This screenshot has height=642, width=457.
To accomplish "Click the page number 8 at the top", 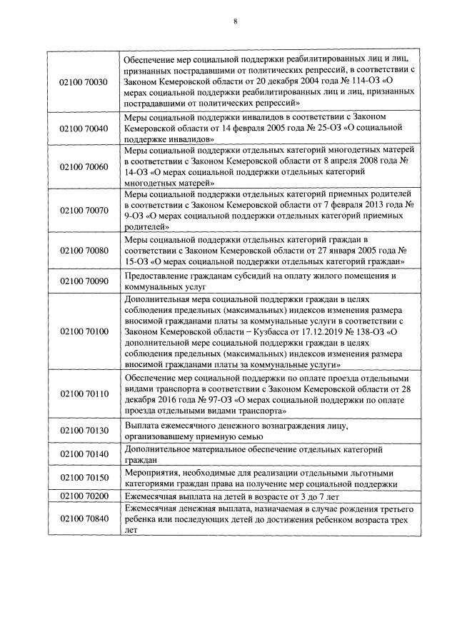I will (x=235, y=21).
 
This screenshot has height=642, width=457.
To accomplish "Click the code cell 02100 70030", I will (x=84, y=82).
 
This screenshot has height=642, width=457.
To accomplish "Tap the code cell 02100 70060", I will (x=84, y=166).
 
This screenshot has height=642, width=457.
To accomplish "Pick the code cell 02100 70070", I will (x=84, y=211).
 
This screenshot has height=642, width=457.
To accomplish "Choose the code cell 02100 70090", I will (x=84, y=281).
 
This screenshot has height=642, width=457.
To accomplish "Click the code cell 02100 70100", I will (x=84, y=331).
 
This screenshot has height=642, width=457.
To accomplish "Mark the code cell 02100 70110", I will (x=84, y=393).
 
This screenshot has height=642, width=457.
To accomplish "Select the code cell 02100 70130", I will (x=84, y=430).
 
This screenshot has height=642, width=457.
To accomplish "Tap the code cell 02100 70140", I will (x=84, y=455).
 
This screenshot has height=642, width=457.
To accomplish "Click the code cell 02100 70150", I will (x=84, y=478).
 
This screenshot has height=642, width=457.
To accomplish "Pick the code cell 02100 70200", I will (x=84, y=495).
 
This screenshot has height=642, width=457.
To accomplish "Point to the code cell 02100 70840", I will (x=84, y=518).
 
